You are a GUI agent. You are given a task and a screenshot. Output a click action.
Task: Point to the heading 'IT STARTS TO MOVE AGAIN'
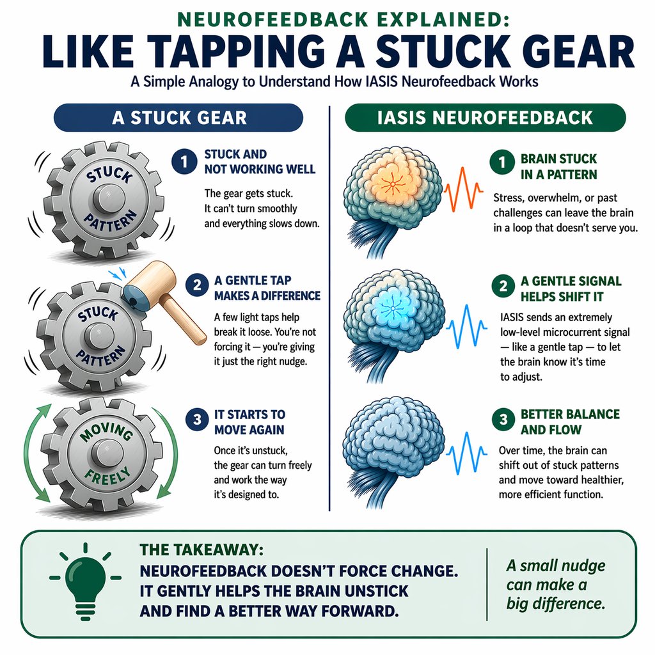pos(245,422)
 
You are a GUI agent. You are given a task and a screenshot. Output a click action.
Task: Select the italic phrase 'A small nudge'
pos(555,565)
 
